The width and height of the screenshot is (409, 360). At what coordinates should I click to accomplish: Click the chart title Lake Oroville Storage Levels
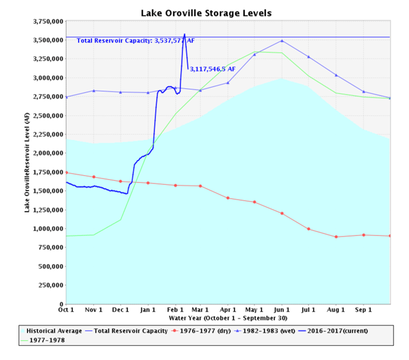[205, 13]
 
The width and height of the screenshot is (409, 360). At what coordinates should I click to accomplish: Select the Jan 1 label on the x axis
[148, 309]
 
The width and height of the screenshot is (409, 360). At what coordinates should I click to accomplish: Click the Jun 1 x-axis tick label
[282, 309]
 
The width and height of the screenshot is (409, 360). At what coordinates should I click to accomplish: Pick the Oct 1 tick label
[66, 309]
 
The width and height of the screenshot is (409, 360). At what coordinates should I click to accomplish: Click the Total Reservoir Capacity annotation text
[135, 41]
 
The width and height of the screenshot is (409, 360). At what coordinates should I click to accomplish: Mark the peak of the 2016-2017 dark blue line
[185, 35]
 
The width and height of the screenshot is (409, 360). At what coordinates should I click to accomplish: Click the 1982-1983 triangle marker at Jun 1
[282, 41]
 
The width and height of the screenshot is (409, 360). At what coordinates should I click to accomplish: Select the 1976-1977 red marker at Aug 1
[336, 237]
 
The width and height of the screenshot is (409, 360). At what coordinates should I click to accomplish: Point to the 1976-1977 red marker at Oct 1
[66, 173]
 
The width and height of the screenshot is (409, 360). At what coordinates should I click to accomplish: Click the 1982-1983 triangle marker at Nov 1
[94, 91]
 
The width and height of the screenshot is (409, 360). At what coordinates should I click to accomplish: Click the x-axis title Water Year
[228, 318]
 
